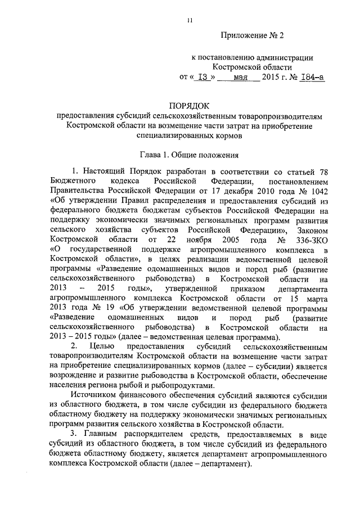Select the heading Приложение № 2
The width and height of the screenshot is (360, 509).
[x=253, y=35]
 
